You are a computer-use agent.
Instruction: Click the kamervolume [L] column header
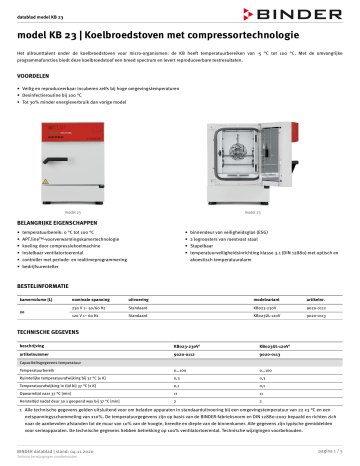coord(43,299)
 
